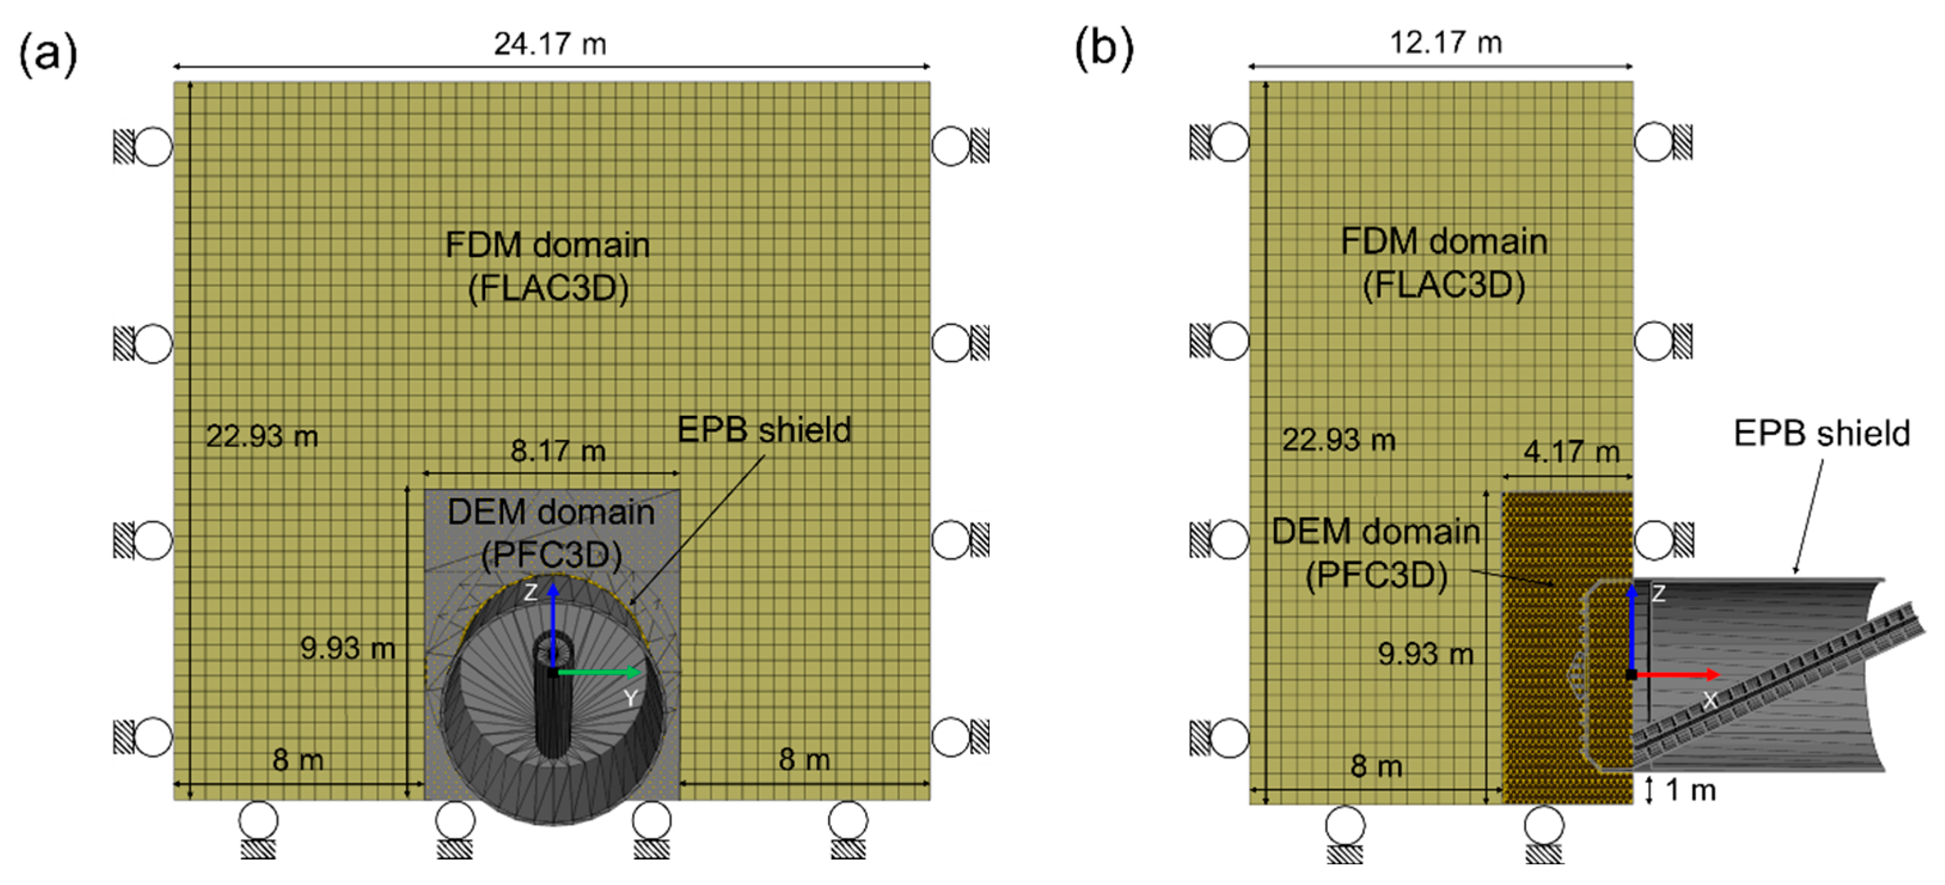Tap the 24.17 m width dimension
click(x=550, y=44)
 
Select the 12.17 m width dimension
click(x=1445, y=42)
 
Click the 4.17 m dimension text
click(x=1572, y=452)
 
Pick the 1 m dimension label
click(x=1690, y=790)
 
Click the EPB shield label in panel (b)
click(x=1821, y=433)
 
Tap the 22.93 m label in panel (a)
click(x=262, y=436)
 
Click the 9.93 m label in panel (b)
click(x=1425, y=653)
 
